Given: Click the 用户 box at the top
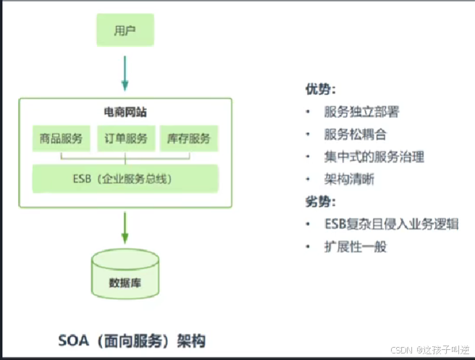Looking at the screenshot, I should click(x=125, y=30).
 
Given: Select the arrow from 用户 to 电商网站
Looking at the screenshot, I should click(x=125, y=73).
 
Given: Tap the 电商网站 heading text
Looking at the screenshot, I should click(x=125, y=113).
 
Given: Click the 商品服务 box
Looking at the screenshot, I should click(x=62, y=138).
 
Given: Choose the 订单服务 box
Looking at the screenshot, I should click(x=126, y=138).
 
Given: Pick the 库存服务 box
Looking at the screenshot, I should click(x=188, y=138).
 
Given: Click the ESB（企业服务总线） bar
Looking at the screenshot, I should click(x=125, y=178).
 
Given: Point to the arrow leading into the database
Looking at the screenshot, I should click(x=125, y=227).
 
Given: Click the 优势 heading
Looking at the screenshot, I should click(x=320, y=89).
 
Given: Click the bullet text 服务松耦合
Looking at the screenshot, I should click(x=356, y=134).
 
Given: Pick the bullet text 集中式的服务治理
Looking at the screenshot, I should click(x=374, y=156).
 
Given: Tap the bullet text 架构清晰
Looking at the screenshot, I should click(x=349, y=179).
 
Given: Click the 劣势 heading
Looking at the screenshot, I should click(x=320, y=201).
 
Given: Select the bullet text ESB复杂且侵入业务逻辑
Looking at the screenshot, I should click(x=391, y=224).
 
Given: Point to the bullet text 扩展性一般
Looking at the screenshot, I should click(x=356, y=246).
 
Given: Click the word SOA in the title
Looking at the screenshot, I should click(x=75, y=340).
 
